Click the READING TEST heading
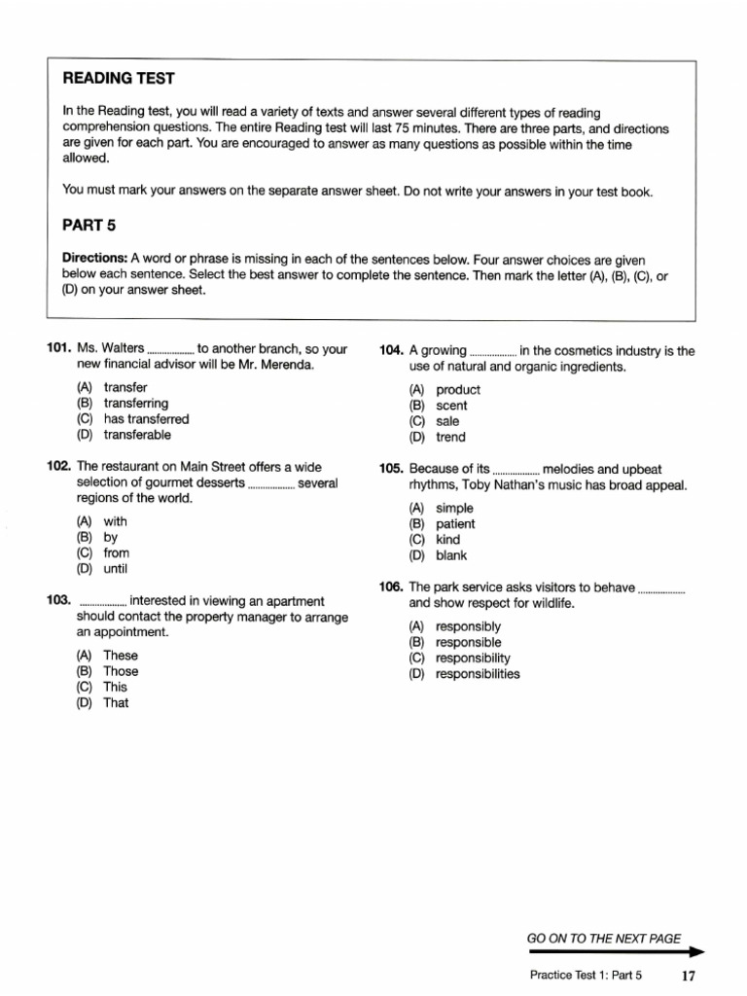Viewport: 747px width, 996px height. pyautogui.click(x=119, y=78)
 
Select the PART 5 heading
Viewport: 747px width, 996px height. pyautogui.click(x=89, y=226)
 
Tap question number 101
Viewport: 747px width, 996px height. pyautogui.click(x=59, y=348)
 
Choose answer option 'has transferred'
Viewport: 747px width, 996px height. pyautogui.click(x=146, y=419)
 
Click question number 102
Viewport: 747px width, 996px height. pyautogui.click(x=59, y=467)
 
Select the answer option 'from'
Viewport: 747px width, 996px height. pyautogui.click(x=116, y=552)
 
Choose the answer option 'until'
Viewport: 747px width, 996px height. pyautogui.click(x=115, y=568)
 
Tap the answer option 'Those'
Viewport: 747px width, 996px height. pyautogui.click(x=121, y=671)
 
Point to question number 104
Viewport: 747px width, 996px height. pyautogui.click(x=392, y=351)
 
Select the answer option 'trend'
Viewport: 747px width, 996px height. pyautogui.click(x=450, y=438)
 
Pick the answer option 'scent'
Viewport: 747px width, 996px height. pyautogui.click(x=451, y=406)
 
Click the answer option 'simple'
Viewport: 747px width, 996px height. pyautogui.click(x=454, y=508)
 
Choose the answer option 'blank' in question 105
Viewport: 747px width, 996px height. pyautogui.click(x=451, y=555)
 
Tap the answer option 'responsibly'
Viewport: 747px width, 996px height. pyautogui.click(x=468, y=626)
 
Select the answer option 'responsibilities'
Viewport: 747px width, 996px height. pyautogui.click(x=477, y=674)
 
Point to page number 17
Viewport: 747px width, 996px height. pyautogui.click(x=689, y=976)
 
